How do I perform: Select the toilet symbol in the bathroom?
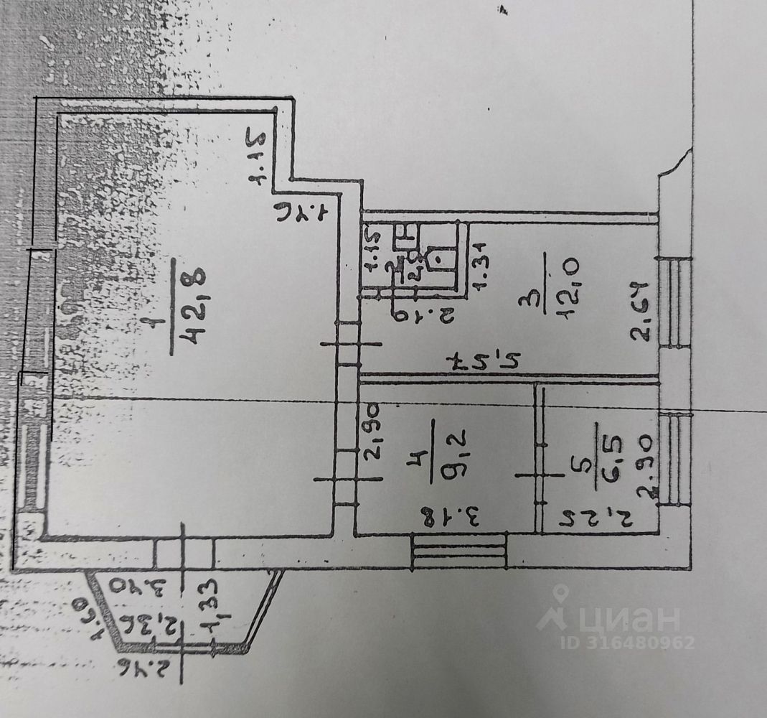[x=436, y=259]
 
